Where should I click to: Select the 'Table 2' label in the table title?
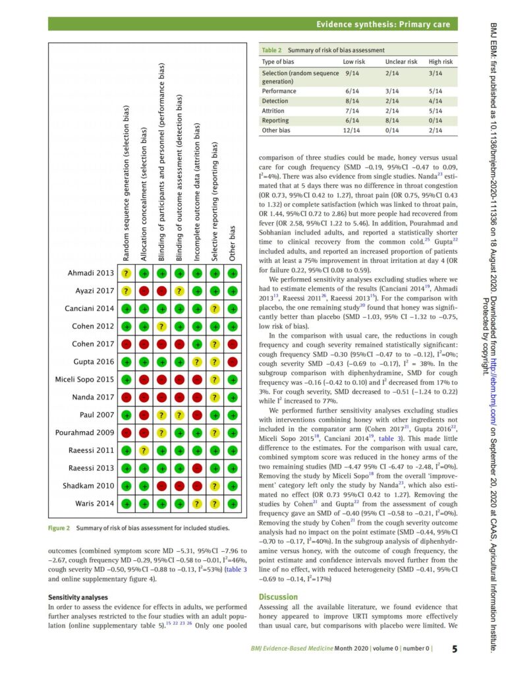click(271, 50)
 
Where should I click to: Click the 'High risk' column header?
click(441, 61)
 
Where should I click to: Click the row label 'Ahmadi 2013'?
click(90, 274)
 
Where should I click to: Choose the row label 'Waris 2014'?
click(92, 504)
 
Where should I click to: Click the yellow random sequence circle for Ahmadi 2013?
click(126, 274)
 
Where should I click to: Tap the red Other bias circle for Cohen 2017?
click(232, 344)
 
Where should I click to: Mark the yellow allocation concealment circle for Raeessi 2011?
click(144, 451)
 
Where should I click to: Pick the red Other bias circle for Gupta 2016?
click(232, 362)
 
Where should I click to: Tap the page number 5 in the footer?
click(455, 649)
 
